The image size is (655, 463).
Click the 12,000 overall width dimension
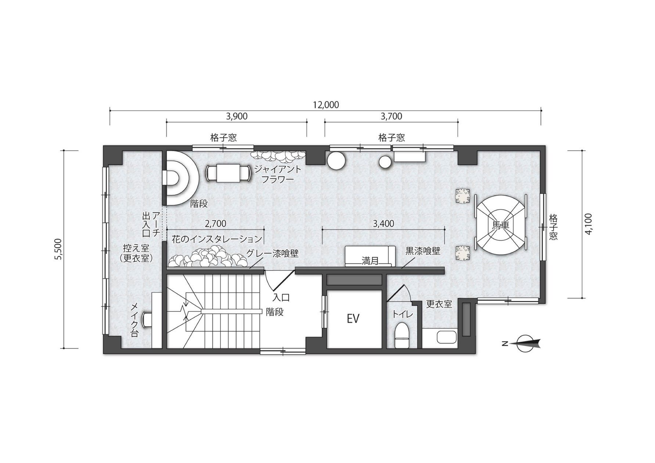326,105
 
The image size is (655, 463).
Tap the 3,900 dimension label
237,116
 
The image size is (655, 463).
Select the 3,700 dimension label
392,116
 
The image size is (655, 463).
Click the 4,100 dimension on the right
589,224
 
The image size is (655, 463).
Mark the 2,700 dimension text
216,223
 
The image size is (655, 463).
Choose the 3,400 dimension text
383,223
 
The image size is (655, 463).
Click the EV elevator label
353,319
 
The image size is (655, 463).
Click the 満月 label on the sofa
370,261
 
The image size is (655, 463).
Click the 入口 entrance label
281,297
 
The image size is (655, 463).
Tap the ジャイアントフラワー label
278,175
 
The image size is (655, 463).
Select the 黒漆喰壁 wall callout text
422,251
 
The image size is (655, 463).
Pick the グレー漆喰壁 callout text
272,253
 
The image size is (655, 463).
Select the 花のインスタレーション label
217,239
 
